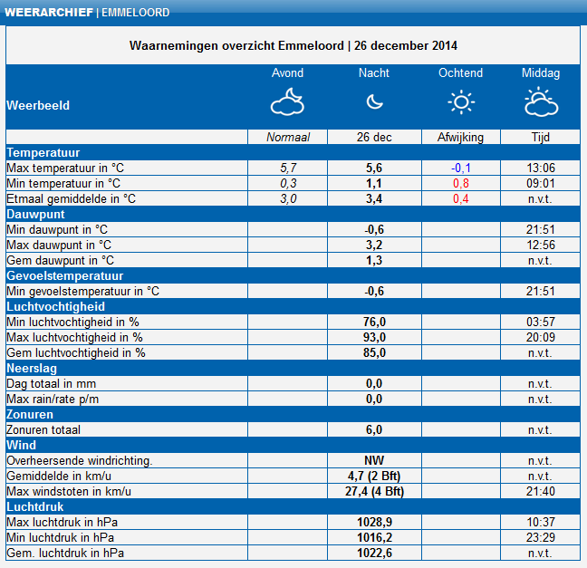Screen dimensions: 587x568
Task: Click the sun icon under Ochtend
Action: point(461,101)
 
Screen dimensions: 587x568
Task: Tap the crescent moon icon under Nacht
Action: point(374,101)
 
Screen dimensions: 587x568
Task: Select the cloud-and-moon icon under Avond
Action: point(287,101)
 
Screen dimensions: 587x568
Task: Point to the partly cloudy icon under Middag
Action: point(542,101)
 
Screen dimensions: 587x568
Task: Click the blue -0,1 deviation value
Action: point(461,168)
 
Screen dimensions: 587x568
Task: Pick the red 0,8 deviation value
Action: point(461,183)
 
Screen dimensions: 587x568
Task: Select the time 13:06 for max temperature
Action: point(541,168)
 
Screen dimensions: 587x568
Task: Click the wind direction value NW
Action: point(374,460)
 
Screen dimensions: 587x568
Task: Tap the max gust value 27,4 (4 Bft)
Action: point(374,491)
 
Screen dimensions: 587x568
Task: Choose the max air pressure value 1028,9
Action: point(374,522)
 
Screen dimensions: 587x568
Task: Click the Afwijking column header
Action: point(461,137)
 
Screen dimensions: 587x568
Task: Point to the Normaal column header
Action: point(288,137)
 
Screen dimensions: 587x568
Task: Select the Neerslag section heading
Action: point(32,369)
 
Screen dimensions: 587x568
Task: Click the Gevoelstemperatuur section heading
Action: point(64,276)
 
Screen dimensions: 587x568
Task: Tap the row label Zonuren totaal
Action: point(43,429)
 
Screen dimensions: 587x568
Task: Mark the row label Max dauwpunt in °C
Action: point(59,245)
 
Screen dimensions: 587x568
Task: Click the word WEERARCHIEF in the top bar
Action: point(49,13)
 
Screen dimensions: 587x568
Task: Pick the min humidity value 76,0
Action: point(374,322)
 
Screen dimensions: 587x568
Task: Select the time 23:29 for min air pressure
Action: point(541,537)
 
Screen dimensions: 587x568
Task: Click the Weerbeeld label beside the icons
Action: point(38,105)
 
